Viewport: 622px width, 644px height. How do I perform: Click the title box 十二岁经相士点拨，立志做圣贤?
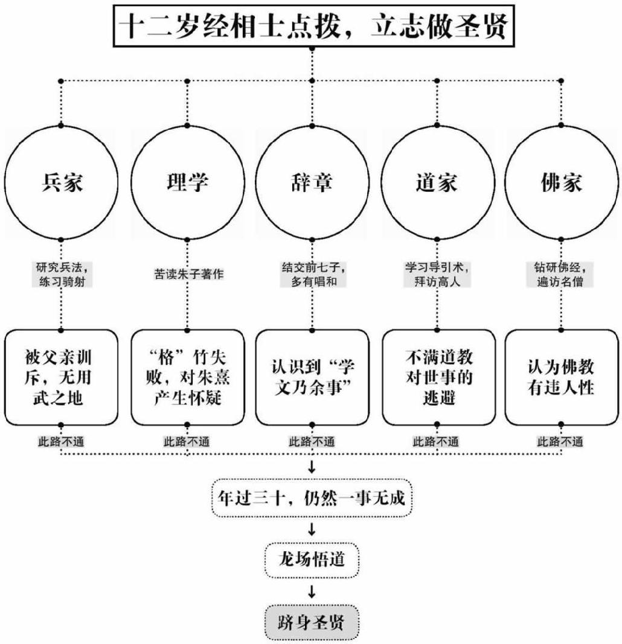coord(312,27)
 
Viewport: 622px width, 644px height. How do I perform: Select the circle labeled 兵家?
coord(62,182)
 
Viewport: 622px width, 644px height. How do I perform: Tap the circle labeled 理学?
coord(187,182)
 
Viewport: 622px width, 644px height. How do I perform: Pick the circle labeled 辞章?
coord(312,182)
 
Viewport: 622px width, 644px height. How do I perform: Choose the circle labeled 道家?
coord(437,182)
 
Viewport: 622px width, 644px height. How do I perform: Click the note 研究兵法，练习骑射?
coord(62,273)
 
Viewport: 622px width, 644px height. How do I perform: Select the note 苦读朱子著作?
coord(187,273)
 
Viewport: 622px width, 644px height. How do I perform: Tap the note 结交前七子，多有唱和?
coord(312,273)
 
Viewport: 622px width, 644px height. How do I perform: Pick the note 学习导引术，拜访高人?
coord(437,273)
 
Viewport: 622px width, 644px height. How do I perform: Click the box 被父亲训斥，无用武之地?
coord(62,377)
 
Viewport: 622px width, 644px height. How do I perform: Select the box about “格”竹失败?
coord(187,377)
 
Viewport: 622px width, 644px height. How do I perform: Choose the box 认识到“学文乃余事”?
coord(312,377)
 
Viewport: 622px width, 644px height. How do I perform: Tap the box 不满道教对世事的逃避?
coord(437,377)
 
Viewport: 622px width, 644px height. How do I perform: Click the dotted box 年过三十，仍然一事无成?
coord(312,498)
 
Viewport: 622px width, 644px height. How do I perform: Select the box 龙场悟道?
coord(312,560)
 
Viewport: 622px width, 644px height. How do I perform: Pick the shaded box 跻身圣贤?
coord(312,622)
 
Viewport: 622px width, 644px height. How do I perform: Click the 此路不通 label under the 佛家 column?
coord(560,441)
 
